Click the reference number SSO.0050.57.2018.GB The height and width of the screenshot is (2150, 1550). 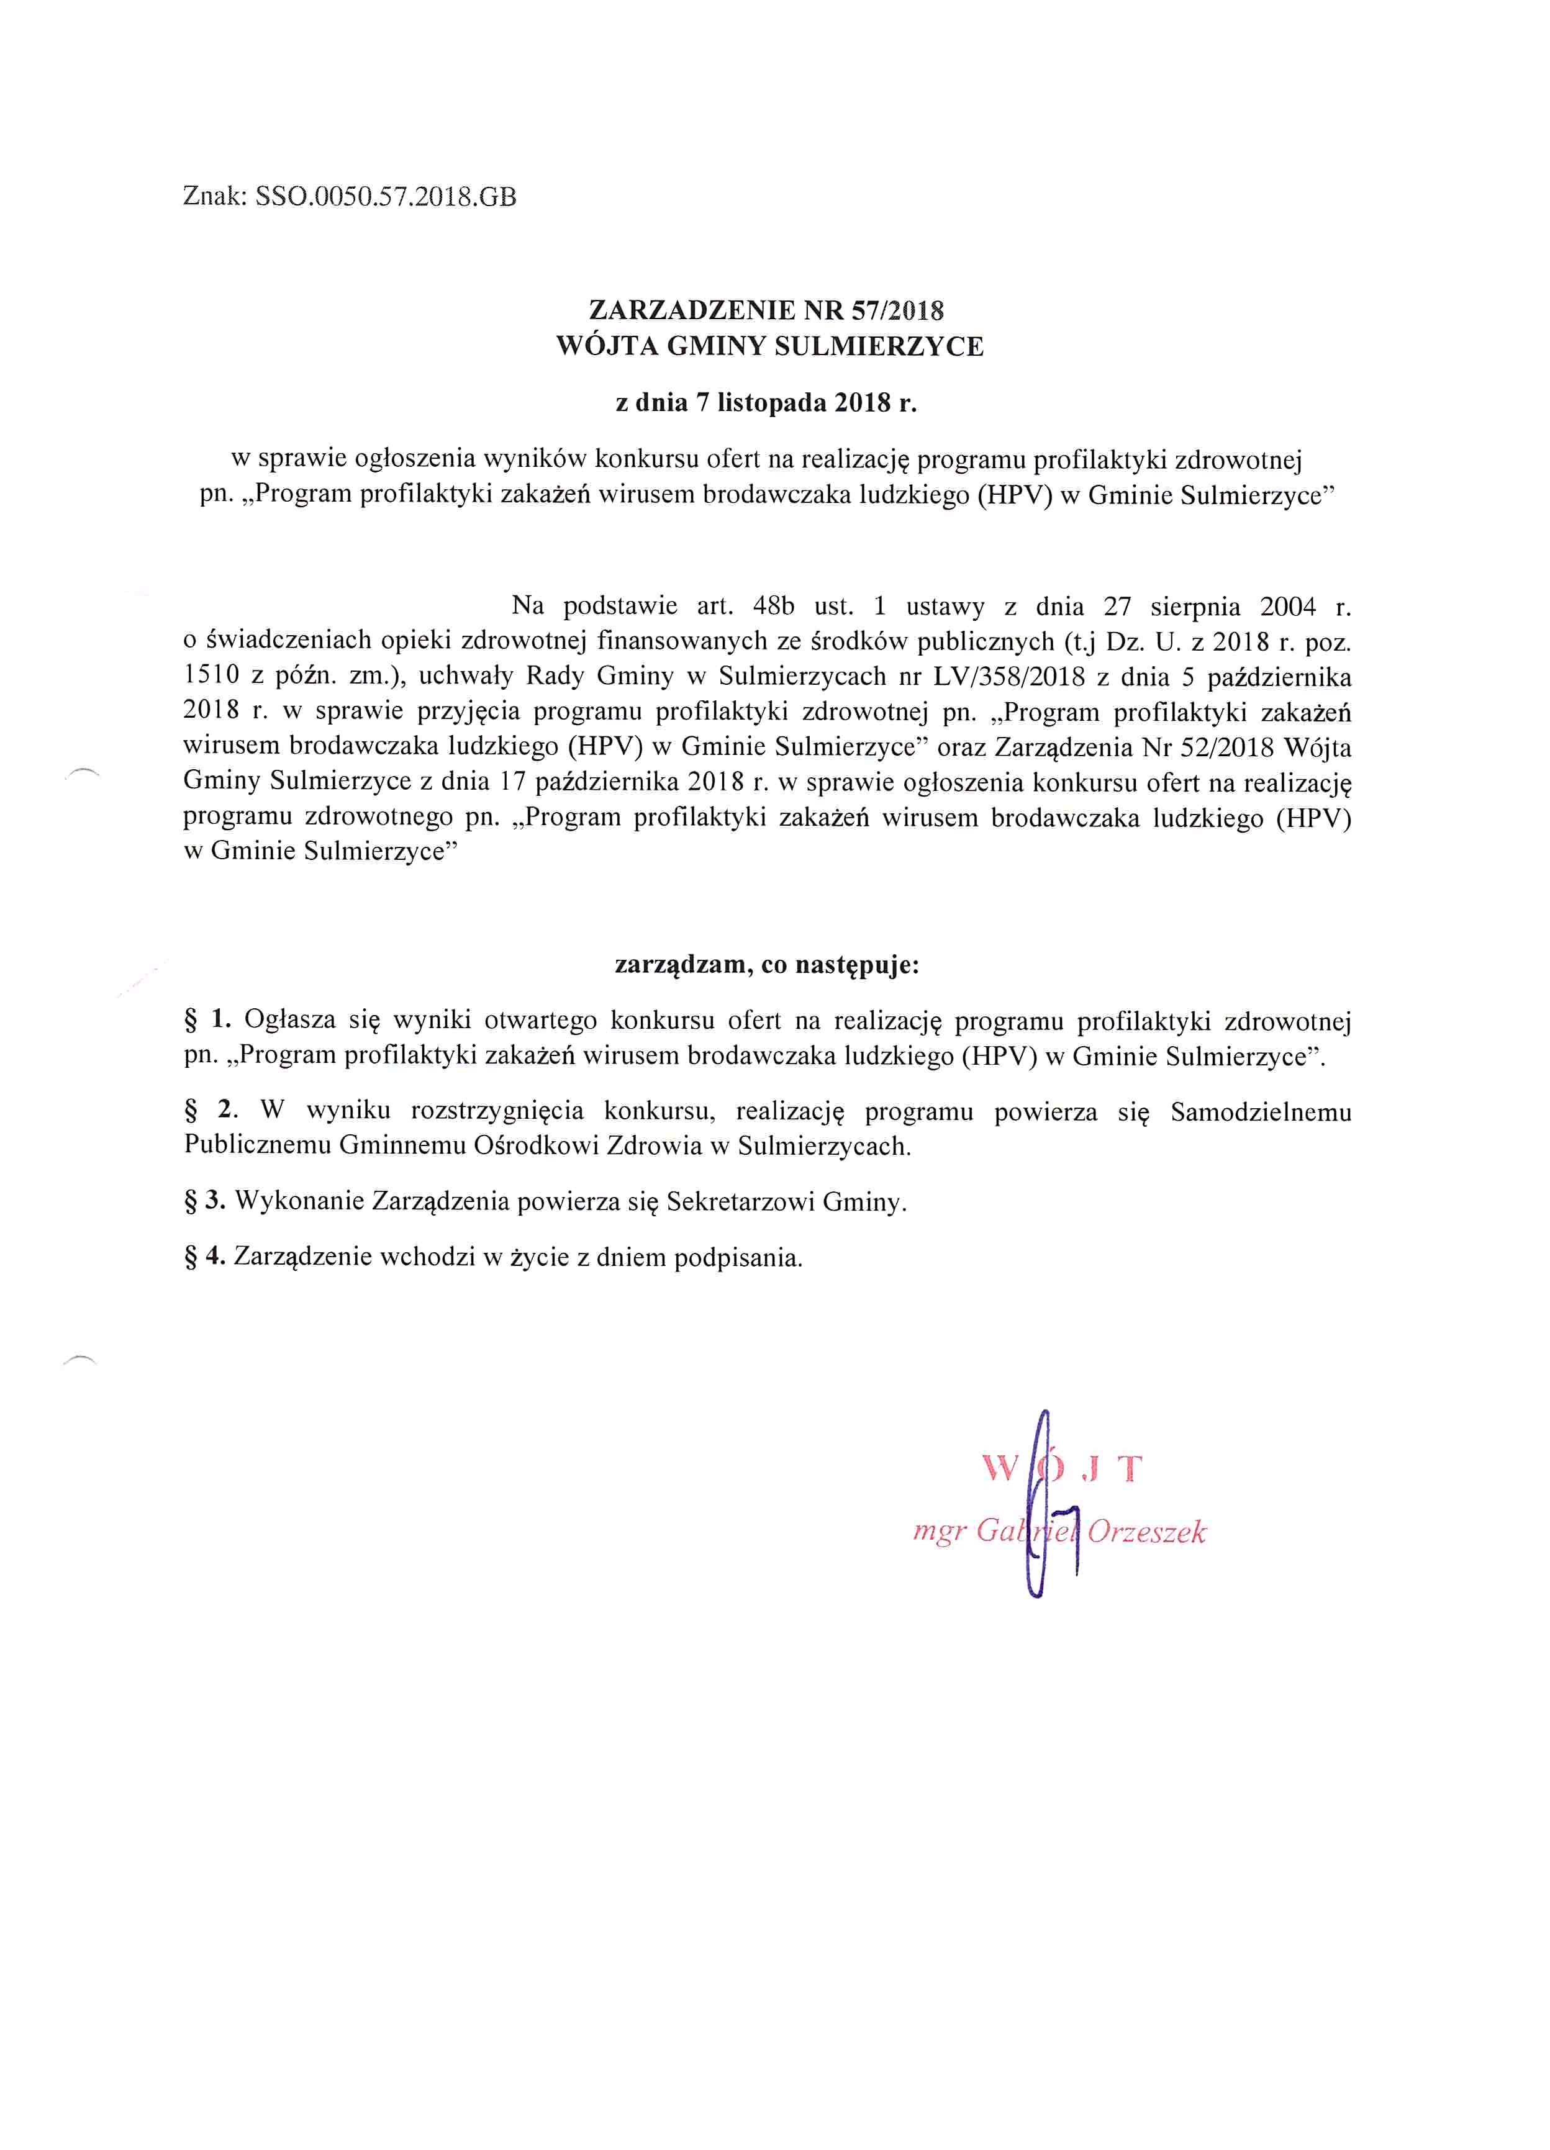(x=386, y=197)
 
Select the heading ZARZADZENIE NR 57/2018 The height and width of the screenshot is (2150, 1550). (x=766, y=310)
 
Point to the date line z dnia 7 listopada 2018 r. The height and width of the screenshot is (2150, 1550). (x=766, y=403)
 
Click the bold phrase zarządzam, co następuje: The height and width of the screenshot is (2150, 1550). (x=766, y=965)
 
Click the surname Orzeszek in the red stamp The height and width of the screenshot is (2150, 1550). (x=1146, y=1531)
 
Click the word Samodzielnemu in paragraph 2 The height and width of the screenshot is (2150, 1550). (x=1260, y=1111)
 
